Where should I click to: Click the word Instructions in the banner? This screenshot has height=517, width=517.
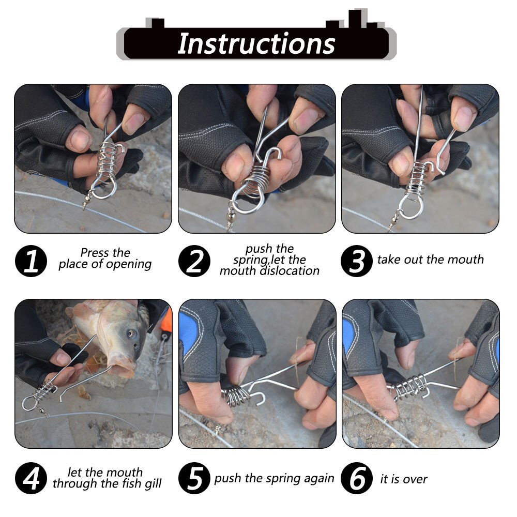(256, 44)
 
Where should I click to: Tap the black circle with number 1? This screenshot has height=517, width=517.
(31, 261)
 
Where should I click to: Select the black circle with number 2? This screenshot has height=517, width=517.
(194, 261)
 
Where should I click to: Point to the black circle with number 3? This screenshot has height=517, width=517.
(356, 261)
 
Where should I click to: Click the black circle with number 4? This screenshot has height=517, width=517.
(31, 478)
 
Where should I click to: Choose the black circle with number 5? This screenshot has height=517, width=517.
(194, 478)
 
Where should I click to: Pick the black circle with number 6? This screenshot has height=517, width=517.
(356, 478)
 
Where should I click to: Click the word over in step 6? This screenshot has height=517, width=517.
(415, 479)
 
